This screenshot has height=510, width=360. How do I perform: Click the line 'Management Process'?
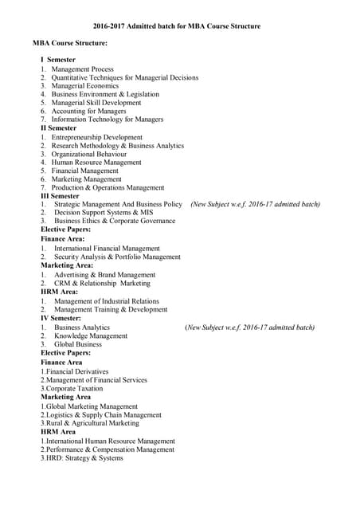click(82, 69)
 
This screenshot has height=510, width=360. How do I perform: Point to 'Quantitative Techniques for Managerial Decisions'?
click(124, 78)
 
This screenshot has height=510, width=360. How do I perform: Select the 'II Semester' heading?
click(59, 128)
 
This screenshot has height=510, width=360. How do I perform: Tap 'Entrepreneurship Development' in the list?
click(96, 137)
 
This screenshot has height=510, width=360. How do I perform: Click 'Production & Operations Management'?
click(108, 188)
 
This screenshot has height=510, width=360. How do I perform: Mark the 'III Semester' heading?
click(61, 196)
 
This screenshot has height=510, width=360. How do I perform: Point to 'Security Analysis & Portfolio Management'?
click(117, 257)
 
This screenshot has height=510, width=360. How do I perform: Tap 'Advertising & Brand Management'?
click(105, 274)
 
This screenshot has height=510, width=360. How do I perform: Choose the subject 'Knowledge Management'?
click(91, 335)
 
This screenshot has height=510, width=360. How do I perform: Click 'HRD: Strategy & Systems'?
click(82, 458)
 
